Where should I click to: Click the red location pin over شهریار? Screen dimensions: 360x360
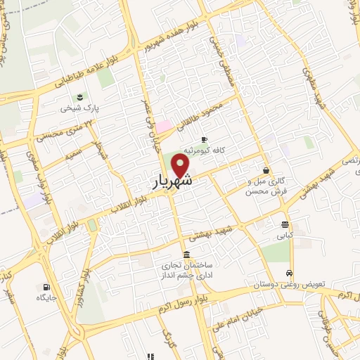pos(181,165)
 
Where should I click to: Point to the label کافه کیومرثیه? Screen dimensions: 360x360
pos(204,150)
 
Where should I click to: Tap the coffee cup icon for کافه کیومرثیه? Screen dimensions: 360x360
pos(205,139)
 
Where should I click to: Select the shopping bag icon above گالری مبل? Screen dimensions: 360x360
pos(266,170)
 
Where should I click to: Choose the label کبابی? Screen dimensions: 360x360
pos(284,237)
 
